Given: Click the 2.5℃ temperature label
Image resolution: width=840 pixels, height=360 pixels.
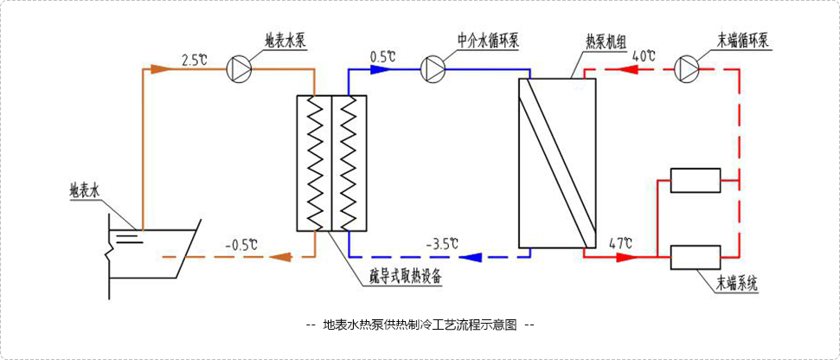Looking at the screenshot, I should [195, 60].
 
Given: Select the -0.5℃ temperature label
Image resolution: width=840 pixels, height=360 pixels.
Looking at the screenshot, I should [241, 244].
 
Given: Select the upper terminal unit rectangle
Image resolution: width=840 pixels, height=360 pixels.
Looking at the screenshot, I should [696, 180].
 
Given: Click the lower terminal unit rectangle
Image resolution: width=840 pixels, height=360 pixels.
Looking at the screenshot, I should [696, 257].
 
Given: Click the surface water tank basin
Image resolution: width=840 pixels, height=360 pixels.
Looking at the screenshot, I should [147, 242].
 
